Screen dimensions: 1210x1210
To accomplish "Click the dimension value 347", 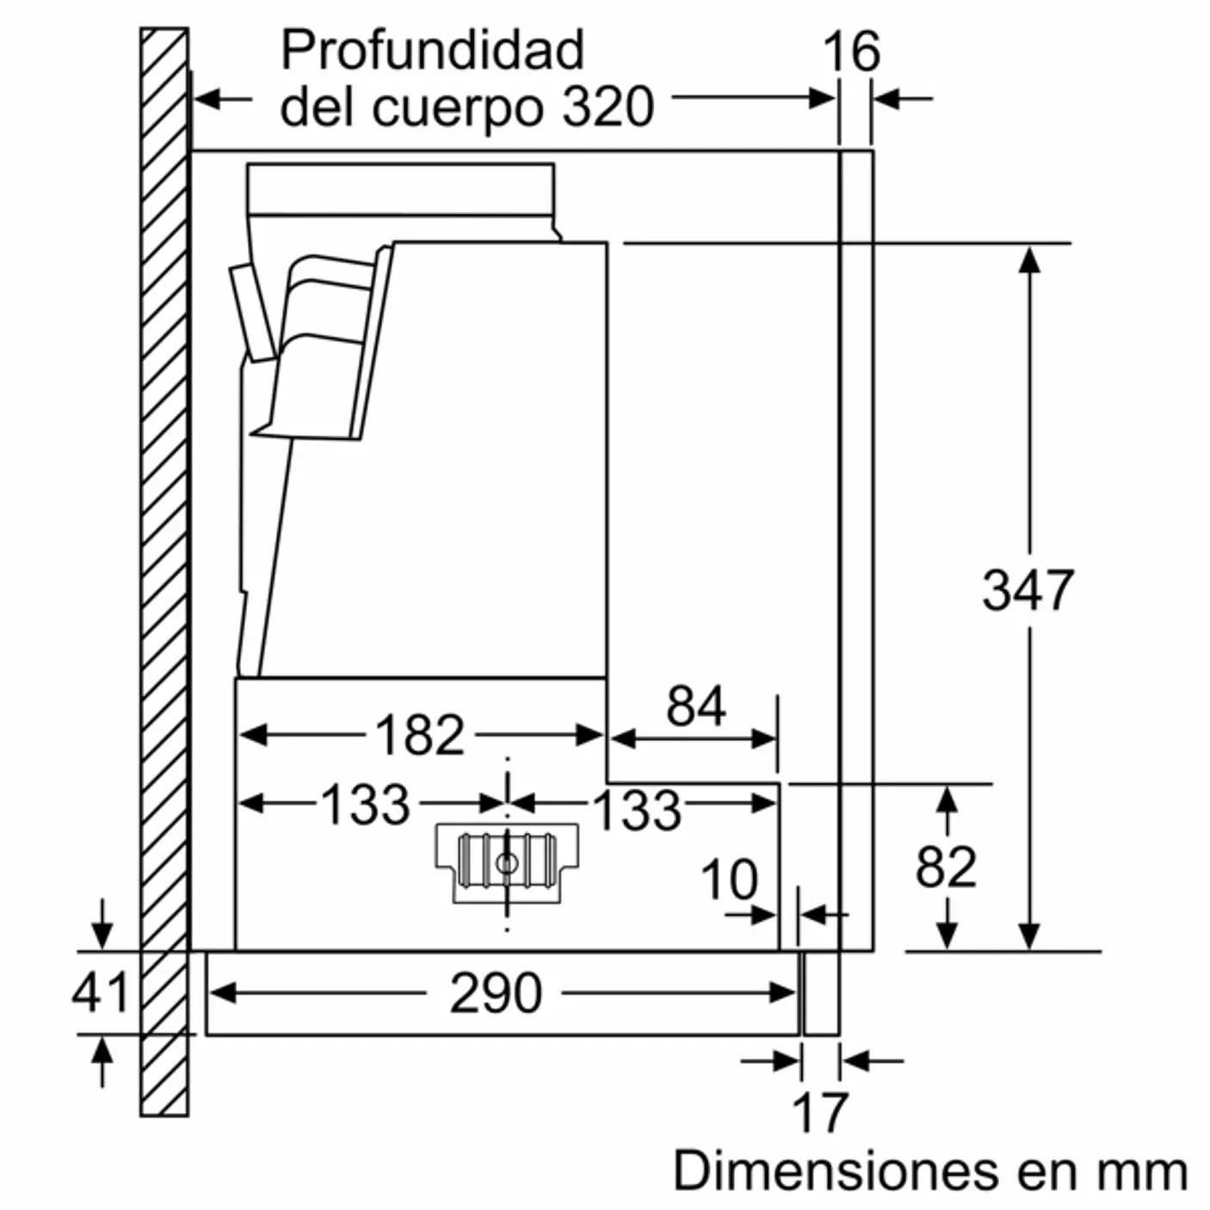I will (x=1028, y=590).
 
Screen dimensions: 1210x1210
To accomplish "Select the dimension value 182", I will (x=419, y=736).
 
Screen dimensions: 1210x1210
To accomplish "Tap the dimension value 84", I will (x=695, y=707).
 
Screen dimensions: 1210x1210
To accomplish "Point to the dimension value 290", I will (x=496, y=993).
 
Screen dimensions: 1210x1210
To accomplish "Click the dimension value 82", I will (x=946, y=867).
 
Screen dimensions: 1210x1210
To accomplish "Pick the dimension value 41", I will (x=100, y=992).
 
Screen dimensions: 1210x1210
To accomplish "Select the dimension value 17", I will (x=820, y=1112).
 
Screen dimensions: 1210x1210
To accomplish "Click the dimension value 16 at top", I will (x=851, y=52).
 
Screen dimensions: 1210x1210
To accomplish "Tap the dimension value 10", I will (x=729, y=880).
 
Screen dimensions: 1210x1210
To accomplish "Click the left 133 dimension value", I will (x=365, y=805).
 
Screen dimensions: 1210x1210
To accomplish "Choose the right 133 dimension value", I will (x=637, y=810).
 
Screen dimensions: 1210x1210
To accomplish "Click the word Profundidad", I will (x=432, y=50).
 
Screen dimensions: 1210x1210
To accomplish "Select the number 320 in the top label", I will (x=608, y=107).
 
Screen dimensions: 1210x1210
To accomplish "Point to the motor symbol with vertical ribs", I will (x=506, y=862).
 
